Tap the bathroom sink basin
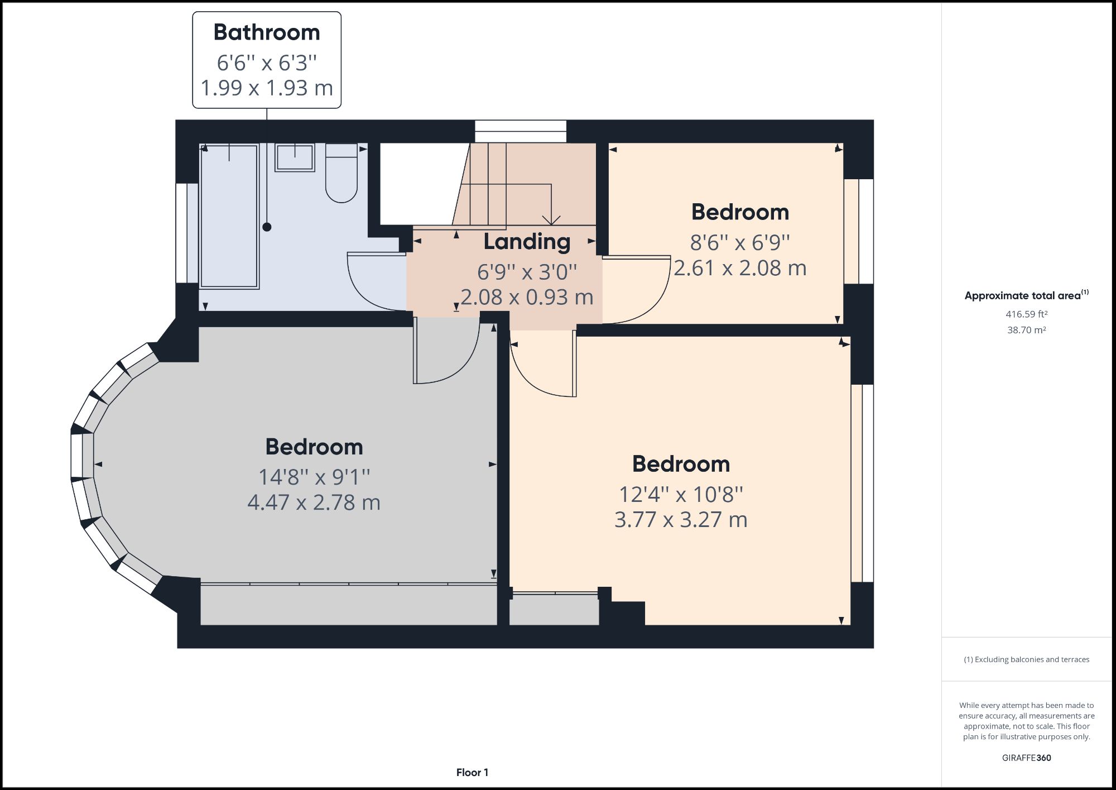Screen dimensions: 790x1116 click(x=295, y=157)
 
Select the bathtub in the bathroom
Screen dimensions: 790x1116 click(x=229, y=217)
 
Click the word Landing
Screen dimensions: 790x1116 click(x=527, y=242)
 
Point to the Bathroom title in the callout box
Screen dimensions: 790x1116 click(x=267, y=32)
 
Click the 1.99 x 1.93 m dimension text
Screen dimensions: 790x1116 click(x=267, y=88)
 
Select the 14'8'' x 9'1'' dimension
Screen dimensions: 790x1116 click(x=314, y=477)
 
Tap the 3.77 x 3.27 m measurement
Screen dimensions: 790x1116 click(x=681, y=520)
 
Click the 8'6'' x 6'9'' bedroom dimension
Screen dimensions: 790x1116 click(x=740, y=243)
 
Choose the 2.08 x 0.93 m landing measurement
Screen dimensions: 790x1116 click(x=527, y=297)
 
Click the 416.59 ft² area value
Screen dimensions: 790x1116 click(x=1026, y=314)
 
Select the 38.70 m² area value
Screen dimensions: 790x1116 click(x=1026, y=330)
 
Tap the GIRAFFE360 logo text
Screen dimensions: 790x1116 click(x=1026, y=758)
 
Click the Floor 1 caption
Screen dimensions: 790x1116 click(x=472, y=773)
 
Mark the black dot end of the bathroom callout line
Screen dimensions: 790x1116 click(x=267, y=227)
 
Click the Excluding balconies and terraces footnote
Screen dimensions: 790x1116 click(x=1026, y=659)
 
